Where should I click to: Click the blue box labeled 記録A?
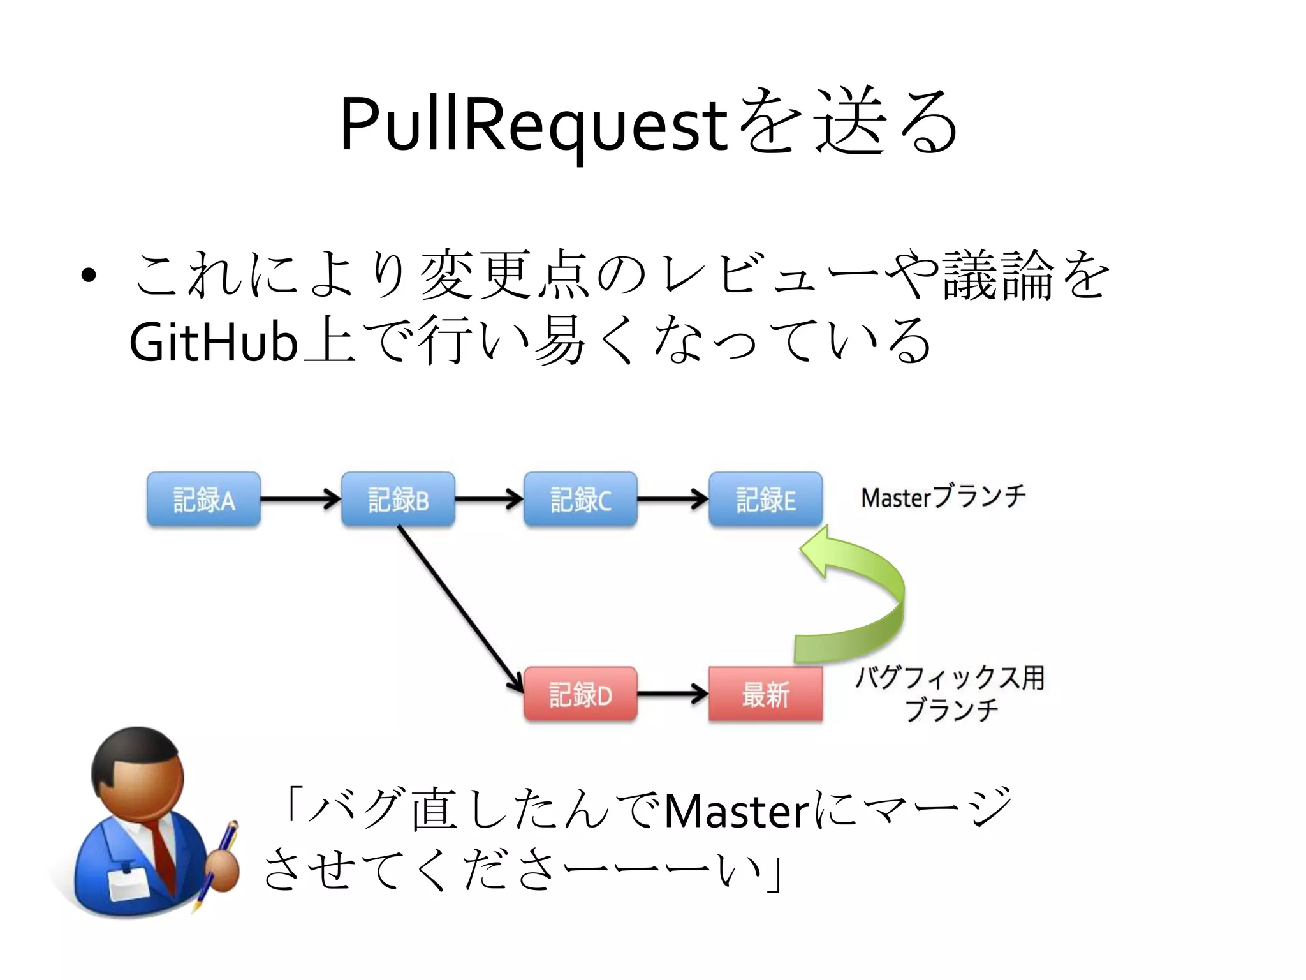click(203, 500)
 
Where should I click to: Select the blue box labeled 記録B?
click(398, 500)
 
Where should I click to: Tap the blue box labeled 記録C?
click(580, 500)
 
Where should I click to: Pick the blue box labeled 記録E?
click(765, 500)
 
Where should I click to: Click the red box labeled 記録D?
click(580, 694)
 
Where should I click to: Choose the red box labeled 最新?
click(765, 694)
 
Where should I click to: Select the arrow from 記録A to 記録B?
click(300, 499)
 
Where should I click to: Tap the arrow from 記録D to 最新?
click(672, 694)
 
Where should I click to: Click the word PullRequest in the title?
click(533, 124)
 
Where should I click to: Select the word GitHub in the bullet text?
click(213, 343)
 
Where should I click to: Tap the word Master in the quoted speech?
click(737, 812)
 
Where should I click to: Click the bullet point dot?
click(89, 276)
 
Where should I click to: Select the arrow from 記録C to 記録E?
click(672, 499)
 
